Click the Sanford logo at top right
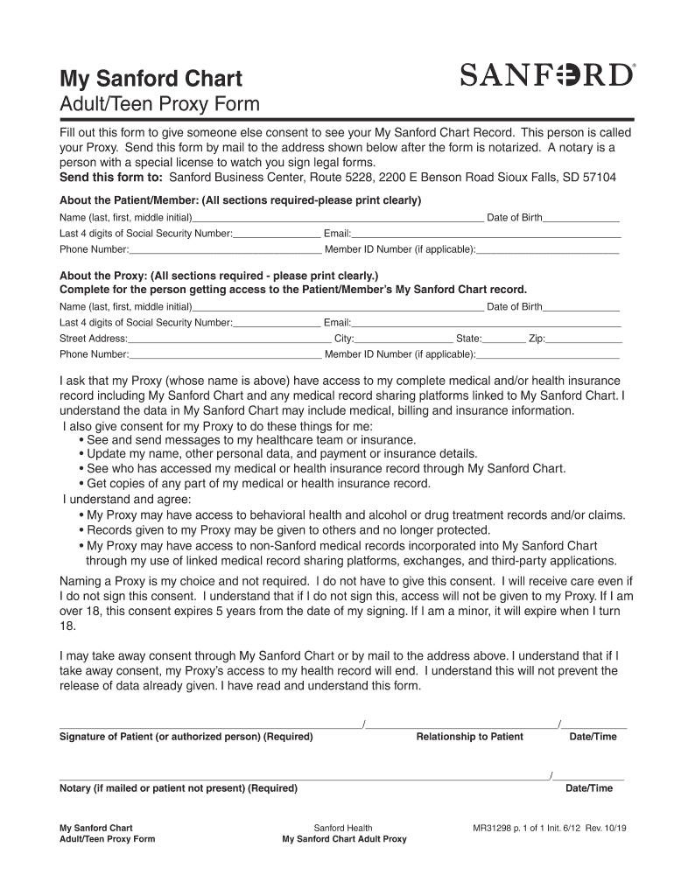tap(548, 75)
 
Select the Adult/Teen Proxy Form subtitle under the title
tap(159, 105)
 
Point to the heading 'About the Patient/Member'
tap(240, 200)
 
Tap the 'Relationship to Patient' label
tap(469, 737)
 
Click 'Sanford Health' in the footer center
tap(343, 828)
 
